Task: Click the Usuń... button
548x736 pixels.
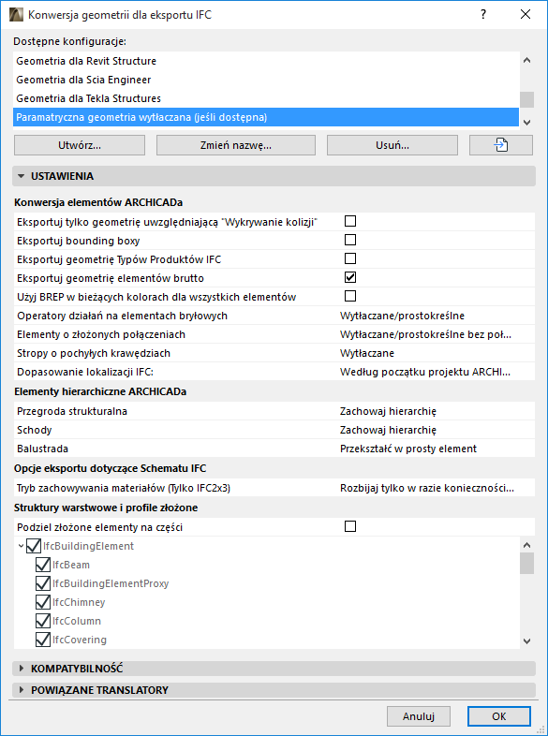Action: coord(392,145)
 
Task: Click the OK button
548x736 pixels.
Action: coord(498,716)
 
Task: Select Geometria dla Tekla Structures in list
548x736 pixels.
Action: coord(89,98)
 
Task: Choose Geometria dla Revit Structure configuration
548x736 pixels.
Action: coord(86,61)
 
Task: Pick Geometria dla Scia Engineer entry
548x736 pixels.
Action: coord(83,80)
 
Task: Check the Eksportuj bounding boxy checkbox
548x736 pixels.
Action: coord(351,240)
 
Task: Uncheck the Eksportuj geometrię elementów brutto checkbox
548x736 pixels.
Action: coord(351,277)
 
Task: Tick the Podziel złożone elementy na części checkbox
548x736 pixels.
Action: coord(351,526)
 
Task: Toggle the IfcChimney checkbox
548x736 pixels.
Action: coord(42,602)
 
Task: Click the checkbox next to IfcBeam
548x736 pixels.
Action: coord(42,565)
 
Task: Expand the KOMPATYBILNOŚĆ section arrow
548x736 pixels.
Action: coord(22,669)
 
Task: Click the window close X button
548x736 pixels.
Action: coord(525,15)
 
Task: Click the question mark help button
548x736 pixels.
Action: coord(482,15)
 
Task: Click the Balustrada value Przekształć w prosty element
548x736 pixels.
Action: coord(408,449)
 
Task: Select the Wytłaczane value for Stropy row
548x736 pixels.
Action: coord(367,353)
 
